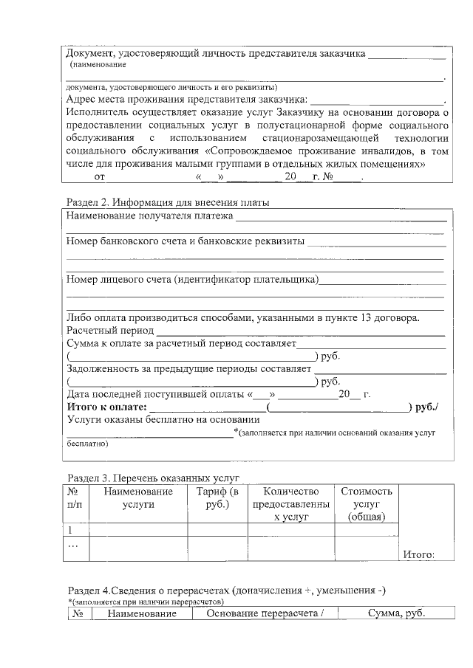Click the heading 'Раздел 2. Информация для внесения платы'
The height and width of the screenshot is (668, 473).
pyautogui.click(x=168, y=202)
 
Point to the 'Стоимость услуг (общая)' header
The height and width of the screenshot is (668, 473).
pyautogui.click(x=367, y=504)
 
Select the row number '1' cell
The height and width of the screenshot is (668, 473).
pyautogui.click(x=70, y=530)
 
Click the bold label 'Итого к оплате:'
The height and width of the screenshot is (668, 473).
pyautogui.click(x=107, y=407)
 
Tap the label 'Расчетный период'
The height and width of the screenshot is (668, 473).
pyautogui.click(x=110, y=331)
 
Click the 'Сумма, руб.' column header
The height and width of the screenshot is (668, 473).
pyautogui.click(x=397, y=614)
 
